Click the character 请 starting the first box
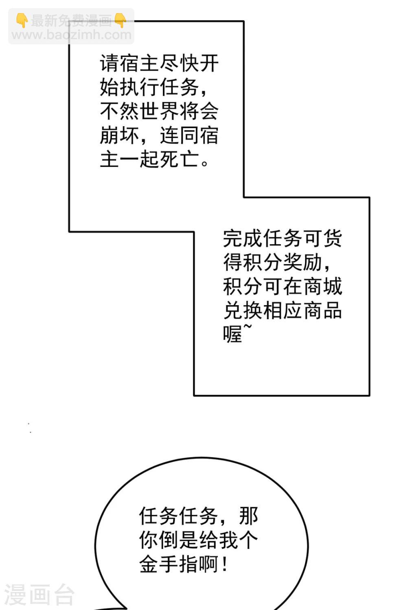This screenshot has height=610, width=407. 109,63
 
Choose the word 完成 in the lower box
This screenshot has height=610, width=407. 243,238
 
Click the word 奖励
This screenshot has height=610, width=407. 302,262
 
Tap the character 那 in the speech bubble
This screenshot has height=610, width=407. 248,516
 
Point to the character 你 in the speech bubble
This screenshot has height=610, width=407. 149,540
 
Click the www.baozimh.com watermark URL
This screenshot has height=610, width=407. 71,35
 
